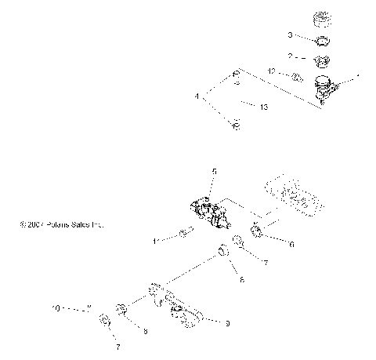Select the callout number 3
coord(289,35)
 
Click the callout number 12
coord(271,71)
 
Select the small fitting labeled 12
coord(297,78)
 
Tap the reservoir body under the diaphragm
coord(323,86)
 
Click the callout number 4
coord(198,97)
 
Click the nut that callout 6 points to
coord(257,231)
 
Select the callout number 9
coord(227,322)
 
